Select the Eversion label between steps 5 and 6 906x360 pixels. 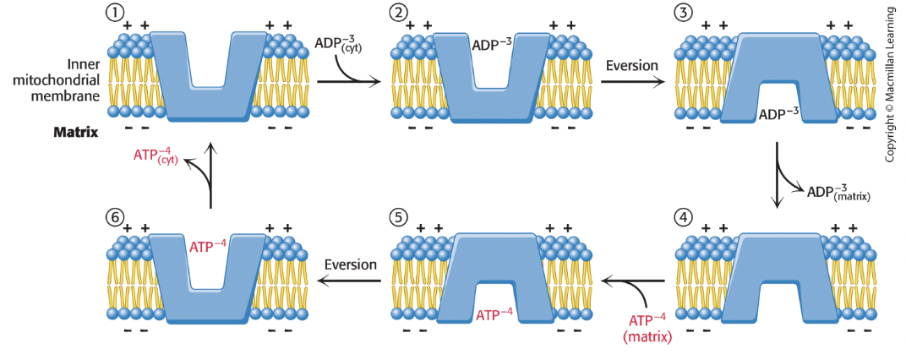351,265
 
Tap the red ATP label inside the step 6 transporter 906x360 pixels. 206,246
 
